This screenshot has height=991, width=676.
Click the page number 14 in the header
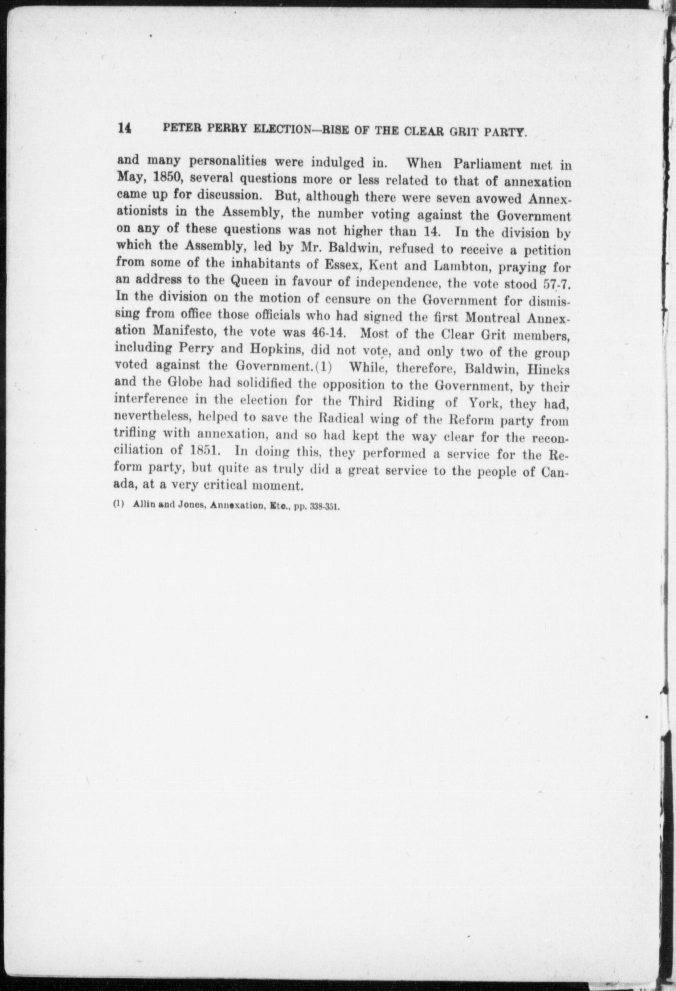tap(124, 129)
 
